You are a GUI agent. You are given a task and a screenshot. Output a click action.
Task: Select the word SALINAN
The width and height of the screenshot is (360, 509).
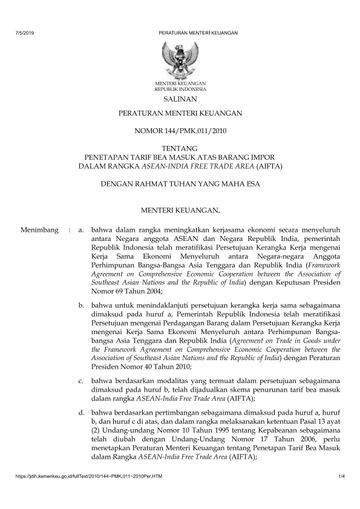point(180,99)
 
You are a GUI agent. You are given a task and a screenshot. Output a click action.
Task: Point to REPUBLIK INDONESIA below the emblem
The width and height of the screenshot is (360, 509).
point(180,88)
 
